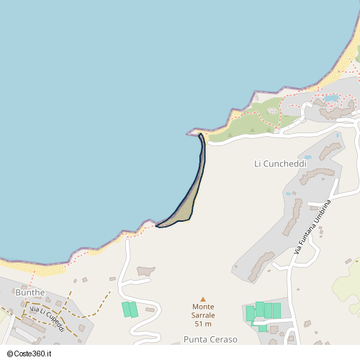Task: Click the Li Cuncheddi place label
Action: point(281,164)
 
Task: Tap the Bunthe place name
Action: point(30,293)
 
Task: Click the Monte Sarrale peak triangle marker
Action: point(202,299)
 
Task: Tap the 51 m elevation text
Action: point(202,324)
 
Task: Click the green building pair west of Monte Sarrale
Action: point(130,310)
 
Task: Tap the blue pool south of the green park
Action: point(332,98)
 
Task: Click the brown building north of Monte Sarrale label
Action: point(145,271)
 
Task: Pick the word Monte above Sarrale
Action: point(202,307)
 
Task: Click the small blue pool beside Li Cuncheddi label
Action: point(308,156)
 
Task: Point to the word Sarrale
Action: point(202,316)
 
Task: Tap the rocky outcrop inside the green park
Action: point(273,111)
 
